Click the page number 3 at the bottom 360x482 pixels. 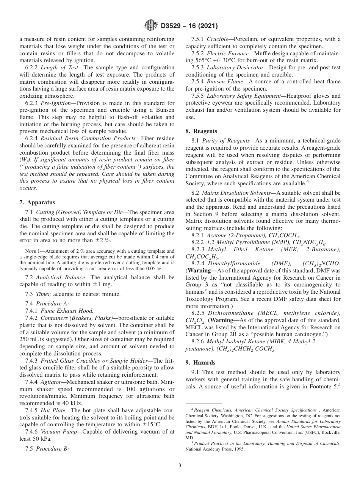pyautogui.click(x=180, y=466)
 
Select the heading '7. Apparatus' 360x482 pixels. pyautogui.click(x=37, y=202)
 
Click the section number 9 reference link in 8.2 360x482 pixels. pyautogui.click(x=216, y=214)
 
